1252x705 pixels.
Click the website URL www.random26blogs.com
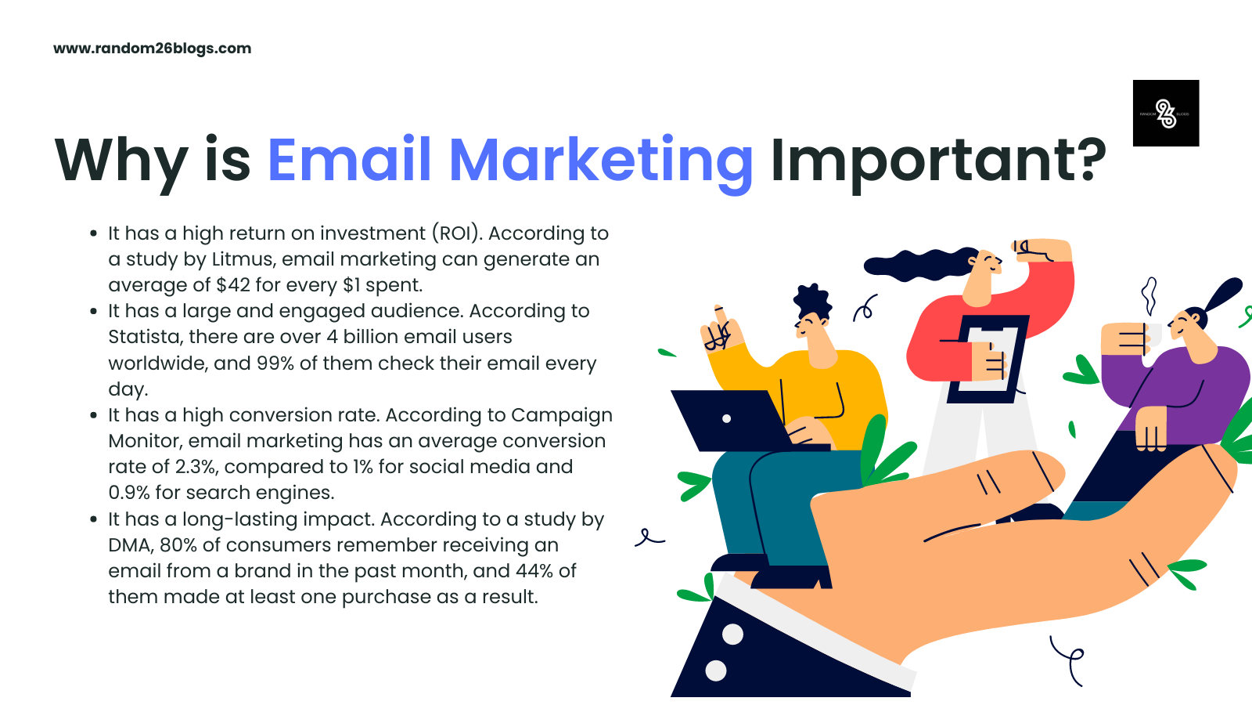pos(152,49)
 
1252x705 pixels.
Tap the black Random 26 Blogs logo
pos(1166,113)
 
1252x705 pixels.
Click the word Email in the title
pos(349,160)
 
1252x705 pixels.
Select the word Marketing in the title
pos(601,164)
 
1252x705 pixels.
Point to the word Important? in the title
pos(938,164)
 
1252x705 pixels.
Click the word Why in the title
pos(121,164)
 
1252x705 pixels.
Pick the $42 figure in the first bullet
pos(233,285)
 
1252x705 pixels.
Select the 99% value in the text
pos(275,363)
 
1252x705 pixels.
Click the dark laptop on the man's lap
pos(738,421)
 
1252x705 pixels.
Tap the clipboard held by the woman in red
pos(988,359)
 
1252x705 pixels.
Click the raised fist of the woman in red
pos(1041,250)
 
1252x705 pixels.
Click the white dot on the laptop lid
pos(727,418)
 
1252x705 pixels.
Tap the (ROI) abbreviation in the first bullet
pos(457,233)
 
